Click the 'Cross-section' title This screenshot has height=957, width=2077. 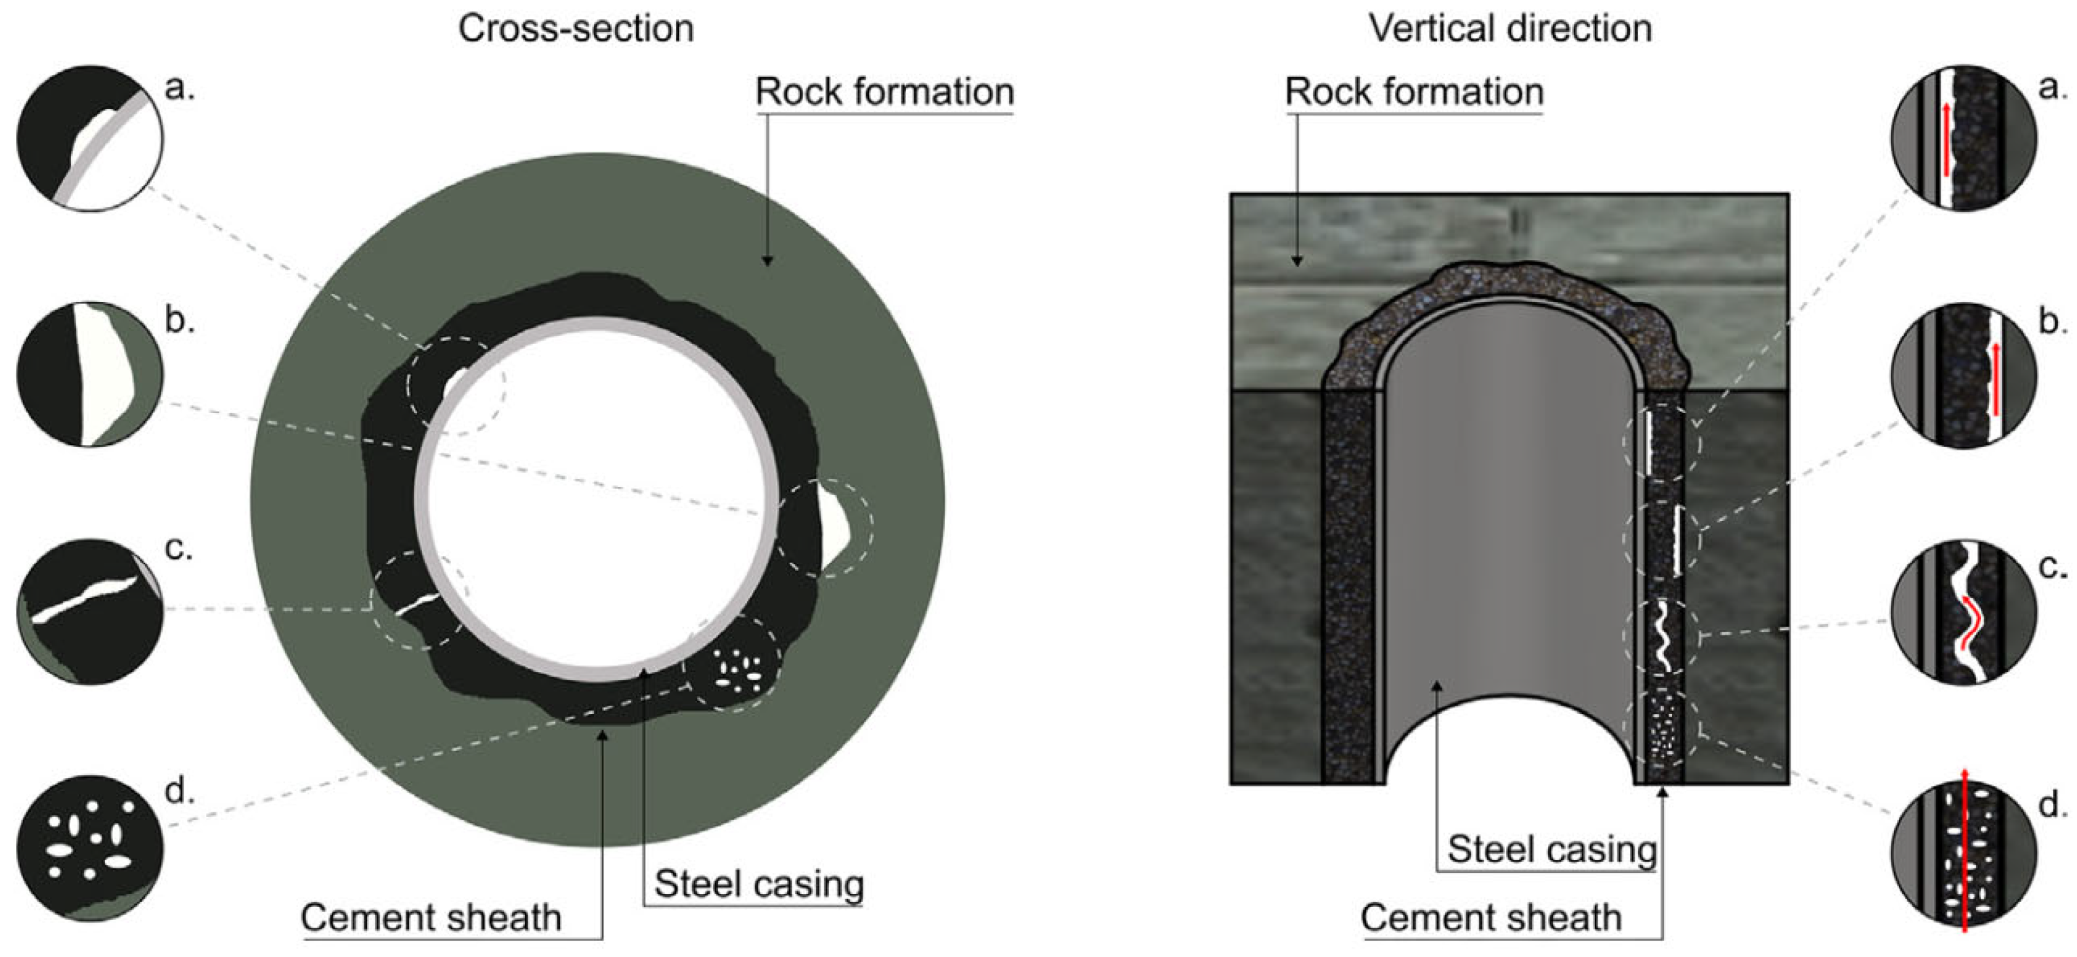[x=576, y=29]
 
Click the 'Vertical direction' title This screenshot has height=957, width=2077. [x=1510, y=29]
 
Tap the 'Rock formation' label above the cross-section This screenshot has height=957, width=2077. [x=884, y=92]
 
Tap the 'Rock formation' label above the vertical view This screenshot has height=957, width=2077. [x=1414, y=92]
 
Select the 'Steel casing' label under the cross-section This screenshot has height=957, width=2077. [x=758, y=884]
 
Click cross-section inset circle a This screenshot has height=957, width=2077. [x=89, y=139]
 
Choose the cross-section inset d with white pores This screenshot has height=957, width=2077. [x=89, y=848]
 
